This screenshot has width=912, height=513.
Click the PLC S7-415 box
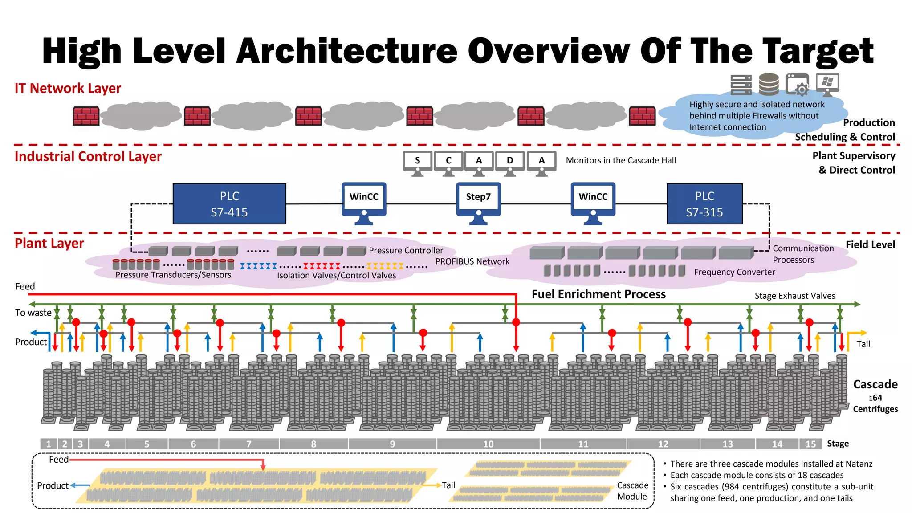coord(229,204)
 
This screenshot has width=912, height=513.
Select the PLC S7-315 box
coord(704,204)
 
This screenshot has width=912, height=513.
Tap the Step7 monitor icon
coord(478,200)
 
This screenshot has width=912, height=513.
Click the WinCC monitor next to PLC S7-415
coord(364,200)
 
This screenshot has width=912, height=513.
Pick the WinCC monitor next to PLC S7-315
coord(593,200)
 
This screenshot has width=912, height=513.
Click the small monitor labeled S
coord(417,162)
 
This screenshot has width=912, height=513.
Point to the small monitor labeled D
coord(510,162)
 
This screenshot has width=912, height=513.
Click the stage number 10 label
coord(488,444)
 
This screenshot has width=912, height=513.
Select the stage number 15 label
coord(810,444)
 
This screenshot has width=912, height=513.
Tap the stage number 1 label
coord(49,444)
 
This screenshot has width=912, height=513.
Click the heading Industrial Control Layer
coord(88,156)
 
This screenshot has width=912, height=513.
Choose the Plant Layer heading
coord(49,243)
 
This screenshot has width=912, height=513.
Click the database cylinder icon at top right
coord(769,84)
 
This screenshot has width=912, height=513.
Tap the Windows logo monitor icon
coord(827,84)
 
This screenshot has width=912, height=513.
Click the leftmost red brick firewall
coord(86,116)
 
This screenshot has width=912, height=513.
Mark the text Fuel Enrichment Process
coord(598,294)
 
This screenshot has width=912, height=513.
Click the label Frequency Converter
coord(734,272)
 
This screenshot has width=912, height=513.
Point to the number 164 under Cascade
coord(875,398)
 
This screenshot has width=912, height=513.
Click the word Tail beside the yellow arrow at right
coord(863,344)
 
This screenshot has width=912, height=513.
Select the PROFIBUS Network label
coord(472,261)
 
